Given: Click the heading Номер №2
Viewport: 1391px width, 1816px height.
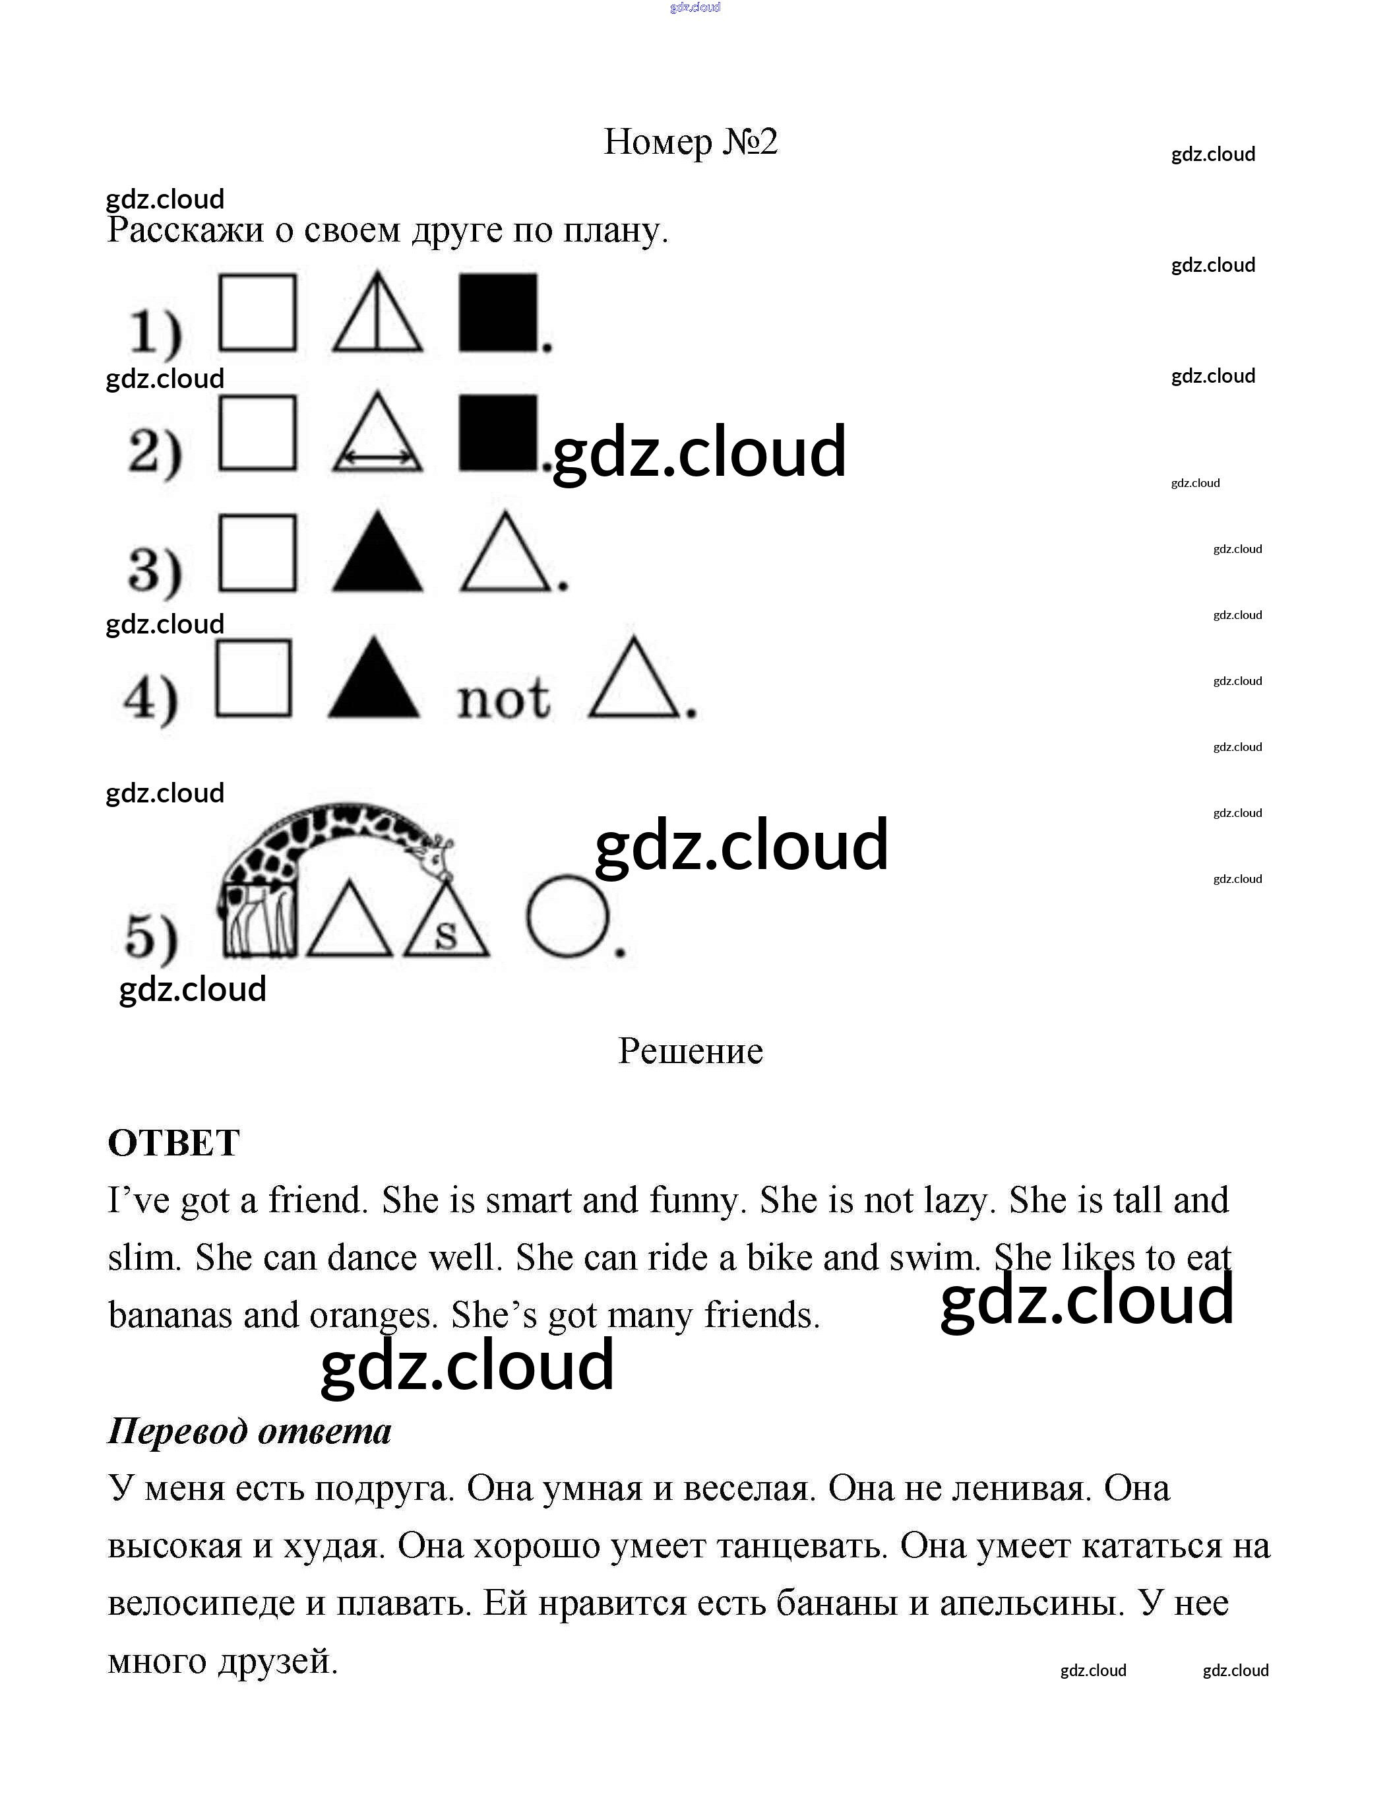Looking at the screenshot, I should (691, 142).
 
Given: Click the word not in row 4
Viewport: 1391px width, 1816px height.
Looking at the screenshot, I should (503, 698).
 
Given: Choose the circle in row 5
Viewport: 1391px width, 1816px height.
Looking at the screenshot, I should (568, 917).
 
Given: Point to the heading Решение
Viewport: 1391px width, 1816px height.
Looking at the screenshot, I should (691, 1051).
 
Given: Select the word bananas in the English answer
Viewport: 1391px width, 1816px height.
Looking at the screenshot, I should (170, 1314).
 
